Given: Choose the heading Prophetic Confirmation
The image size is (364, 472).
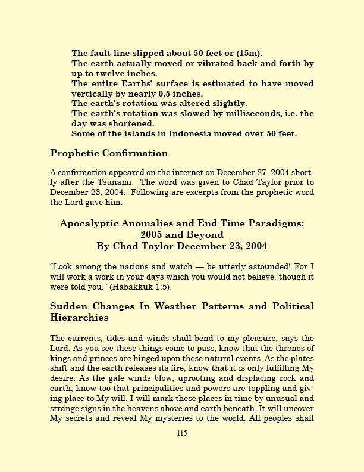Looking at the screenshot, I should tap(109, 153).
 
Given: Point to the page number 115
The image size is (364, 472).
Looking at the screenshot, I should tap(182, 433).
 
